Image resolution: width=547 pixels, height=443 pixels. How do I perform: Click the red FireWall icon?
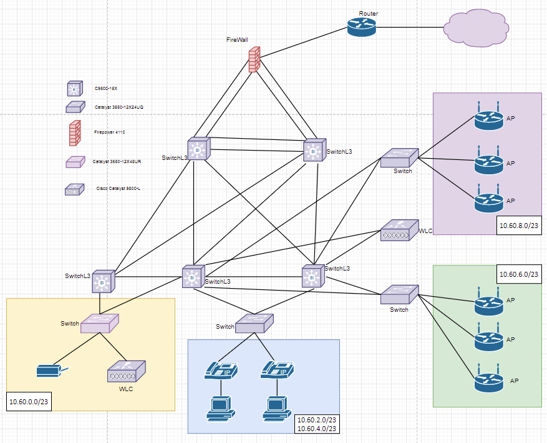[x=253, y=60]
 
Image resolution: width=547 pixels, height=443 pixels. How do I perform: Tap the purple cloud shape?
[x=473, y=27]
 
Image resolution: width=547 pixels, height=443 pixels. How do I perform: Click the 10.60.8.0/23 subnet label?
[x=518, y=225]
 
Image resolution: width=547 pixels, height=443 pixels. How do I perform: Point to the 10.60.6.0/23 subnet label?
[x=518, y=274]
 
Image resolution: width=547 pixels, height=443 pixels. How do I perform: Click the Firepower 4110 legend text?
[x=110, y=132]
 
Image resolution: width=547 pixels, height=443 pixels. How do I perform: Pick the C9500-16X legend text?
[x=107, y=89]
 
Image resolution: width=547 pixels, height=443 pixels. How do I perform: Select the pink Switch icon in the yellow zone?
[x=100, y=322]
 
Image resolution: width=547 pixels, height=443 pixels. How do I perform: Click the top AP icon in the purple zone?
[x=487, y=118]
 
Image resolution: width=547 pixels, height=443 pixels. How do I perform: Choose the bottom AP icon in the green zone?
[x=487, y=381]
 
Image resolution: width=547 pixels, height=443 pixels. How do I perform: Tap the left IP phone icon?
[x=221, y=371]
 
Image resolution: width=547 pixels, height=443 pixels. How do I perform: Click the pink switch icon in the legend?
[x=74, y=162]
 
